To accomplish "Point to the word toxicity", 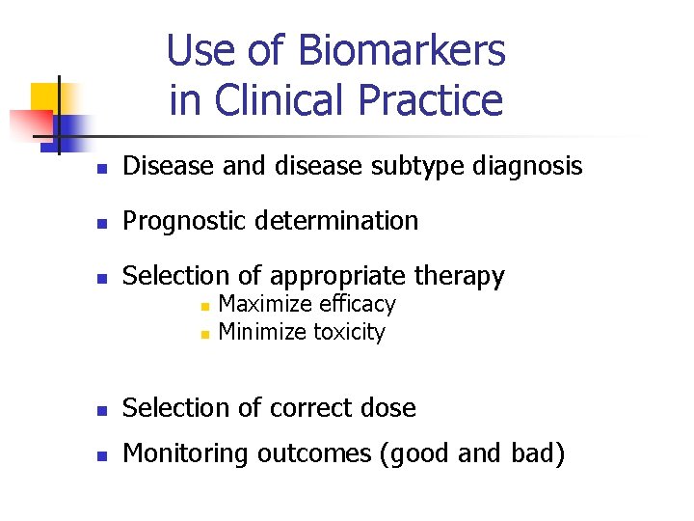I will [349, 333].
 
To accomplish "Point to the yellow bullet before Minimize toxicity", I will [203, 334].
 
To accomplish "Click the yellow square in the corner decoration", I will [45, 96].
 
